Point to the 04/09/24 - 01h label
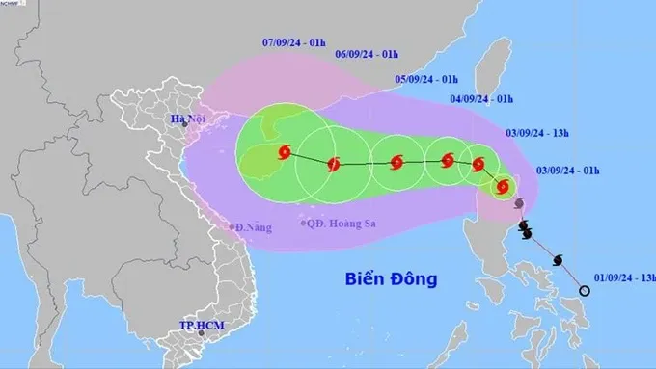481,98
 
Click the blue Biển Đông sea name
391,279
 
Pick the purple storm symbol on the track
519,204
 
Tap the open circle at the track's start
584,291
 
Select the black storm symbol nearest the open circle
558,259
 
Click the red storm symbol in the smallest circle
502,186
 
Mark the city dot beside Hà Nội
185,127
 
